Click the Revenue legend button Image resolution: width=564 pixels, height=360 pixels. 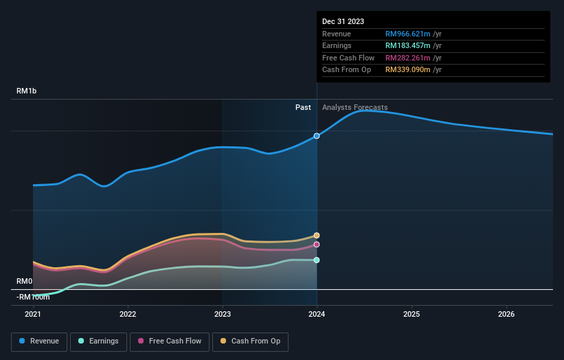coord(40,341)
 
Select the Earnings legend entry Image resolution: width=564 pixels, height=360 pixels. coord(98,341)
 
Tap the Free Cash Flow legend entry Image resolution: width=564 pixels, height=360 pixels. coord(170,341)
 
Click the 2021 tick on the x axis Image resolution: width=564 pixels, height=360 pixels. coord(33,314)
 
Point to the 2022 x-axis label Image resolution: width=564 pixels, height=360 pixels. coord(128,314)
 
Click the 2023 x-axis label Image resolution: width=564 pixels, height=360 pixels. coord(222,314)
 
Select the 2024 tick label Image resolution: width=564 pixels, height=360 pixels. coord(317,314)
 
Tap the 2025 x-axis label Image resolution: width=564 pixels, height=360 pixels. coord(411,314)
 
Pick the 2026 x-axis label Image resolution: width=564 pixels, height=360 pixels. coord(506,314)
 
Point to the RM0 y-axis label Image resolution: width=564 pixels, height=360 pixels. coord(25,281)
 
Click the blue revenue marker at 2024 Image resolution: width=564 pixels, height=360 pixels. coord(317,136)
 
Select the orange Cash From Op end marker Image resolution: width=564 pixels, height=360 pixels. coord(317,236)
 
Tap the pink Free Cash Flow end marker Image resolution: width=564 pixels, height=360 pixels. coord(317,245)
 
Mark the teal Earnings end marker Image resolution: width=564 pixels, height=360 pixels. coord(317,260)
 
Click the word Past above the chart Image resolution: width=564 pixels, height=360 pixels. coord(303,108)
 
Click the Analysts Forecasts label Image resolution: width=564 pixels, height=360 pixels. coord(354,108)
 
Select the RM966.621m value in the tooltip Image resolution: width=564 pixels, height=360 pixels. coord(407,34)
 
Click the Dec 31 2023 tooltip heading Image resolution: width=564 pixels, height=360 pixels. coord(343,21)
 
